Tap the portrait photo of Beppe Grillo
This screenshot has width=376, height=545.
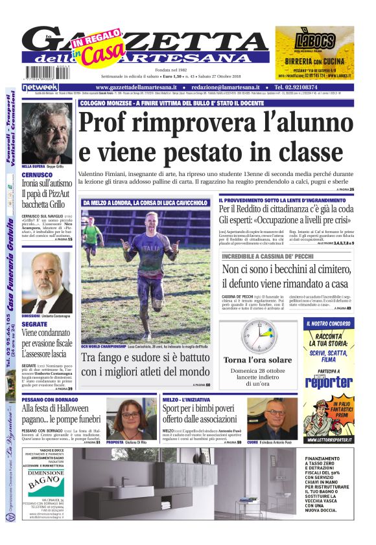(47, 132)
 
